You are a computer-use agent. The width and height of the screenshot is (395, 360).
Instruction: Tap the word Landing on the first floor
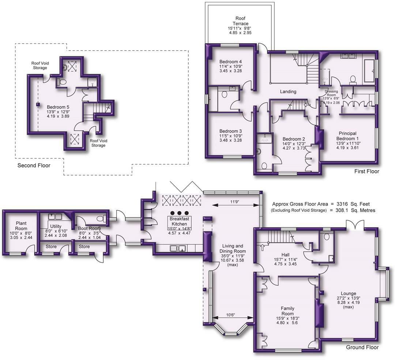point(288,91)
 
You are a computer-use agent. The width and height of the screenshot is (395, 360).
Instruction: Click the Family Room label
point(287,311)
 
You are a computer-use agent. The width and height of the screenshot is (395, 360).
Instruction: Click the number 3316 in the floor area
point(343,204)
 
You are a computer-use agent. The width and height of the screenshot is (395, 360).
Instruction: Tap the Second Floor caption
point(34,165)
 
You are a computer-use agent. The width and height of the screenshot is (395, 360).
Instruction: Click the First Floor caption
point(367,171)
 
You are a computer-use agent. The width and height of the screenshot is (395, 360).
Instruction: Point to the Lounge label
point(348,293)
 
